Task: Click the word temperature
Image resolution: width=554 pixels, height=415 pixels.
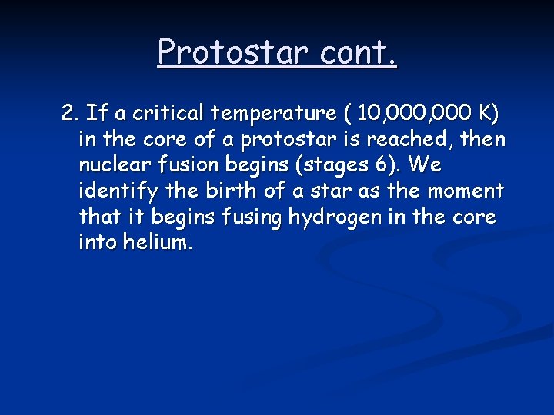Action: tap(272, 115)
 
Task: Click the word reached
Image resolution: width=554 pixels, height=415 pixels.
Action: tap(415, 141)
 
